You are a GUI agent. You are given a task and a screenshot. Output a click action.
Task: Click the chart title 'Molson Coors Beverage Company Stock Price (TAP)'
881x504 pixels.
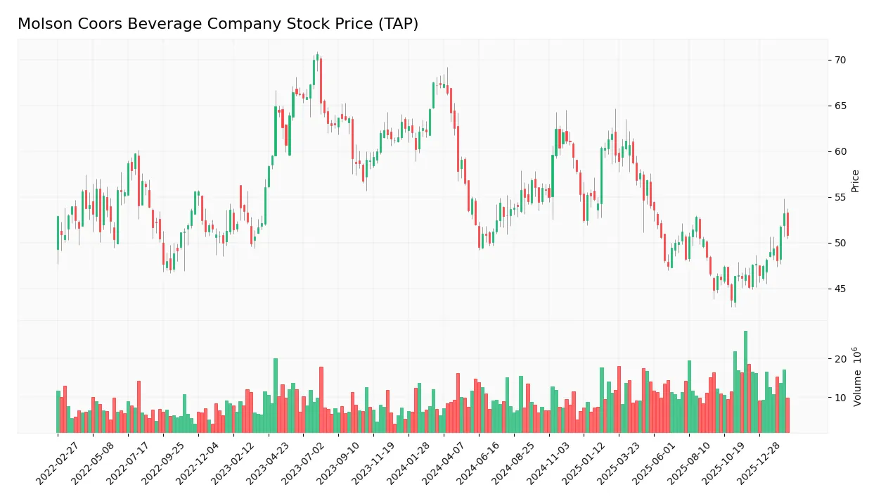(x=218, y=24)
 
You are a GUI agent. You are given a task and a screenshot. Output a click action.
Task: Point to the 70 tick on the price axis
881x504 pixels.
(x=840, y=61)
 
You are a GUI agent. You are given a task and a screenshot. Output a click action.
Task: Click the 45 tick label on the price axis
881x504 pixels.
(x=840, y=289)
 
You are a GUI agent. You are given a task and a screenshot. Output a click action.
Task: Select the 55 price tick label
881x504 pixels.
(x=840, y=198)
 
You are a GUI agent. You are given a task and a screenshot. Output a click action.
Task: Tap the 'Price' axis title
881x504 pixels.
(x=856, y=181)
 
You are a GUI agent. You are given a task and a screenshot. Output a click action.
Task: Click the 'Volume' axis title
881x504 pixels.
(x=856, y=377)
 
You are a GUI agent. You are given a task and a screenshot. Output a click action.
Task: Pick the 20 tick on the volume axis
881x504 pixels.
(x=840, y=359)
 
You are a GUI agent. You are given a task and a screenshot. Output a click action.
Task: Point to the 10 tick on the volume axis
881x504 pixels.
(x=840, y=398)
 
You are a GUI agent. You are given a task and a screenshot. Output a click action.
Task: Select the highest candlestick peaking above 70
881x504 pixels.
(x=317, y=56)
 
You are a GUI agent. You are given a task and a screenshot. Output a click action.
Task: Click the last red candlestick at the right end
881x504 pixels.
(x=787, y=224)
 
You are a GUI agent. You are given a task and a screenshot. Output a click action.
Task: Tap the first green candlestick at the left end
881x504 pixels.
(x=58, y=233)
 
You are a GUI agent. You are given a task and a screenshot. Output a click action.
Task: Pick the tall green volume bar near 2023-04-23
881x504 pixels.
(x=276, y=396)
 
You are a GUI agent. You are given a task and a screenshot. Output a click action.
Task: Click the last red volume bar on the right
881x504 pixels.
(x=787, y=415)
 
